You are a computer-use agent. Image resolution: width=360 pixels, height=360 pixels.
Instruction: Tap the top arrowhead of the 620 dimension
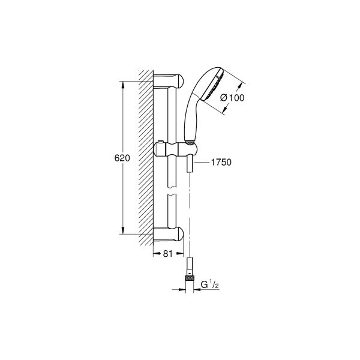pos(123,84)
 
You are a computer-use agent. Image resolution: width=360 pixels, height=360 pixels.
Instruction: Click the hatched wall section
pos(145,156)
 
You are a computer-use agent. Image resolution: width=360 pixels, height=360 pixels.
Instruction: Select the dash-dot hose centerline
pos(190,210)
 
